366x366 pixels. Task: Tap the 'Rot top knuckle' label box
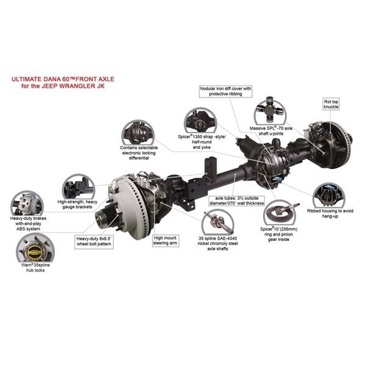click(331, 104)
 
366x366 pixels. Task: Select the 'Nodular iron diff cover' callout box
click(226, 91)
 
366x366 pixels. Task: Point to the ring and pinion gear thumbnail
click(279, 213)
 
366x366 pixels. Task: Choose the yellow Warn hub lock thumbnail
click(35, 249)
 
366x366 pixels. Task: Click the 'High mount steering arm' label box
click(165, 241)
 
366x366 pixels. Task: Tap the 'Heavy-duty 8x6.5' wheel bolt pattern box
click(94, 242)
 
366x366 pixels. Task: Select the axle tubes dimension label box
click(237, 201)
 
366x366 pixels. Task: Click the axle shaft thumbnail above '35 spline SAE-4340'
click(218, 222)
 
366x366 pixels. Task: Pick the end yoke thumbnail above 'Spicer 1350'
click(201, 121)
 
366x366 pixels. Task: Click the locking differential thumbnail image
click(138, 132)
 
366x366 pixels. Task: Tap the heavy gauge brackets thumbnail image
click(79, 186)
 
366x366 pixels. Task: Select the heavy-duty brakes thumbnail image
click(27, 203)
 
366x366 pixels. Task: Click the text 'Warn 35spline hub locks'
click(35, 268)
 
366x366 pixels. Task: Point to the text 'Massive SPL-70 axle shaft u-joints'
click(271, 131)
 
